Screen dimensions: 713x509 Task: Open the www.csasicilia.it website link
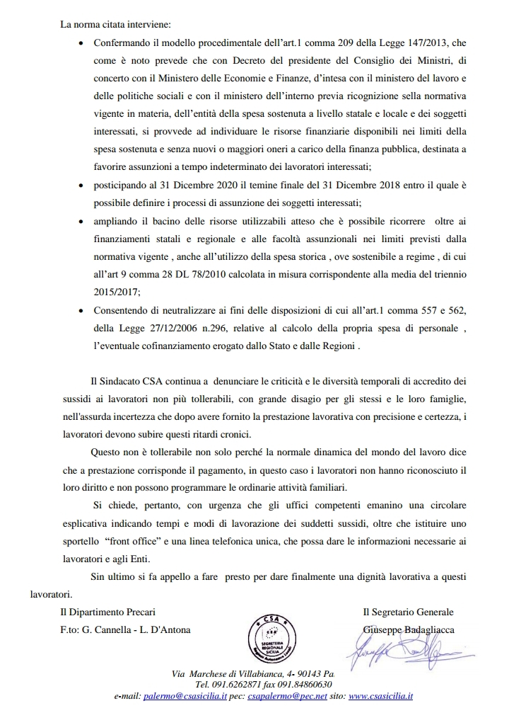pos(385,697)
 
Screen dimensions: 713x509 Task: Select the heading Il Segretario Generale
pos(408,612)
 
